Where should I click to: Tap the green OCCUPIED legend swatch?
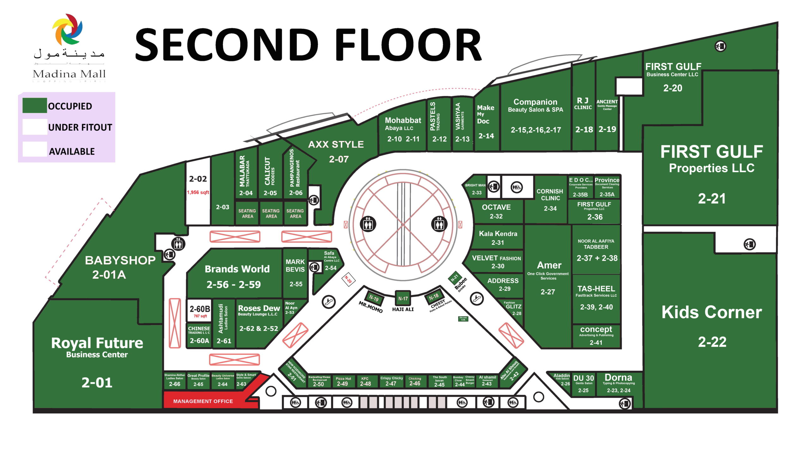coord(35,105)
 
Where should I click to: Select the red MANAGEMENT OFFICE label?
coord(203,401)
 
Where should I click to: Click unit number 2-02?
coord(198,179)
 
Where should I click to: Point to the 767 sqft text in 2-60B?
coord(200,316)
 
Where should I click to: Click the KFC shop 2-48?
coord(365,381)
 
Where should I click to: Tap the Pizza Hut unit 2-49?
coord(343,381)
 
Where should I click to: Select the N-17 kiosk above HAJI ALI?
coord(403,298)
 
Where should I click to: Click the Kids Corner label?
coord(712,312)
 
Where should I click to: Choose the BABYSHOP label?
coord(120,260)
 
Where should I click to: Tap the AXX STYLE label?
coord(336,145)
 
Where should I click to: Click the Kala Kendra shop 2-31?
coord(498,238)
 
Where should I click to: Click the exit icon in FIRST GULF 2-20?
coord(721,46)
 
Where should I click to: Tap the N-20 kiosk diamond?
coord(348,279)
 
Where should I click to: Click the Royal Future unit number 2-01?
coord(97,383)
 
